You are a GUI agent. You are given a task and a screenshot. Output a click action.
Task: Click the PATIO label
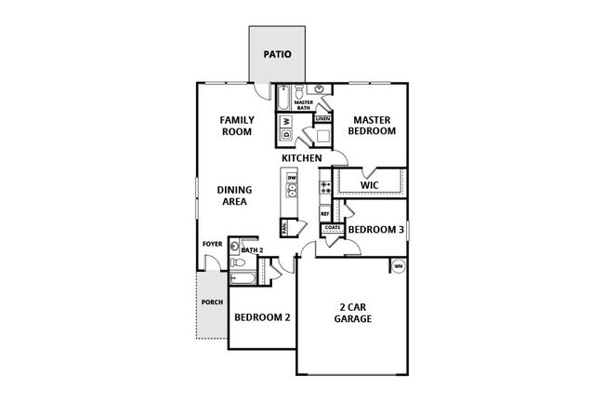tap(276, 54)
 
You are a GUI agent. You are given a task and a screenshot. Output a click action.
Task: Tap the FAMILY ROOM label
tap(236, 126)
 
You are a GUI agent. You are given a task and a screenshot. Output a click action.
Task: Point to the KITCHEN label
tap(302, 158)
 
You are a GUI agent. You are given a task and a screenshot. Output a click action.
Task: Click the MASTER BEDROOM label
tap(372, 125)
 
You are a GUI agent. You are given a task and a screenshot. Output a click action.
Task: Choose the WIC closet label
tap(370, 185)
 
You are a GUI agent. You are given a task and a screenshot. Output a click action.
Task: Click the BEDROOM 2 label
tap(262, 317)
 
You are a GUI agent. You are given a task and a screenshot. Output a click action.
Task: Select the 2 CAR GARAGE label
tap(353, 312)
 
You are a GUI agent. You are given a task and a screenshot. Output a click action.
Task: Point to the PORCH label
tap(212, 303)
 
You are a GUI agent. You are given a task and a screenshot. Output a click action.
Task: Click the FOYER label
tap(213, 244)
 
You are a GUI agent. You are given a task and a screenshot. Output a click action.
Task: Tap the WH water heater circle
tap(399, 267)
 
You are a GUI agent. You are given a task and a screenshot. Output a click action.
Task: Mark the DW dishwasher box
tap(291, 177)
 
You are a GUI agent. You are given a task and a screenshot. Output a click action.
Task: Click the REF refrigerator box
tap(325, 213)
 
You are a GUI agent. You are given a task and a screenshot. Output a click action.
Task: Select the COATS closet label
tap(334, 228)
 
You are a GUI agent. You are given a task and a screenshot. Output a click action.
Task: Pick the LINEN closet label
tap(322, 119)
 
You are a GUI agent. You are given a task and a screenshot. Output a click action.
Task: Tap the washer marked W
tap(287, 121)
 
